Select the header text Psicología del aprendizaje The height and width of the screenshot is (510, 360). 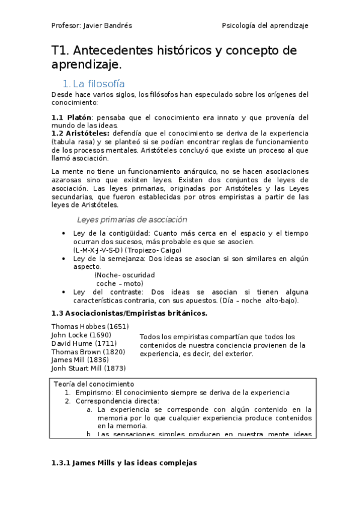point(265,26)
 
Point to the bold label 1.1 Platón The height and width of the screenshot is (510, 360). point(72,117)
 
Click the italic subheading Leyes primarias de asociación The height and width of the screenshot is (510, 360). point(132,220)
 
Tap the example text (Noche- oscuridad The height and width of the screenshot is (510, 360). point(125,275)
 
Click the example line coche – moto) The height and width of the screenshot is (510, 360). point(120,283)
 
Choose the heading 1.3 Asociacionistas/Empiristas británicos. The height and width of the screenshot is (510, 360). point(129,313)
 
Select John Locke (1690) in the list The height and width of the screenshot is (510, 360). point(80,334)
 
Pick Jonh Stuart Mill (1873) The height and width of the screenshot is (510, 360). point(88,368)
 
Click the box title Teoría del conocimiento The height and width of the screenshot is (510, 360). point(94,384)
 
